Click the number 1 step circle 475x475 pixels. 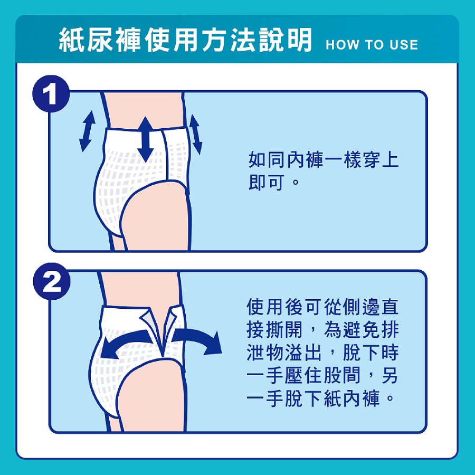(x=51, y=94)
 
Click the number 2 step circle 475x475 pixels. (x=52, y=281)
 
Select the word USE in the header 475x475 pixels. (x=404, y=45)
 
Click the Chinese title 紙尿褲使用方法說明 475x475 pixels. (x=185, y=40)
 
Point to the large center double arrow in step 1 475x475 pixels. (x=146, y=139)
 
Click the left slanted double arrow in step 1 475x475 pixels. (x=87, y=131)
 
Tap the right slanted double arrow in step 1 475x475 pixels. (x=195, y=134)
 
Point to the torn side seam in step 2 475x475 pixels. (x=162, y=330)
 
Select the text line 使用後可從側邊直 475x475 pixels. (x=322, y=307)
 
